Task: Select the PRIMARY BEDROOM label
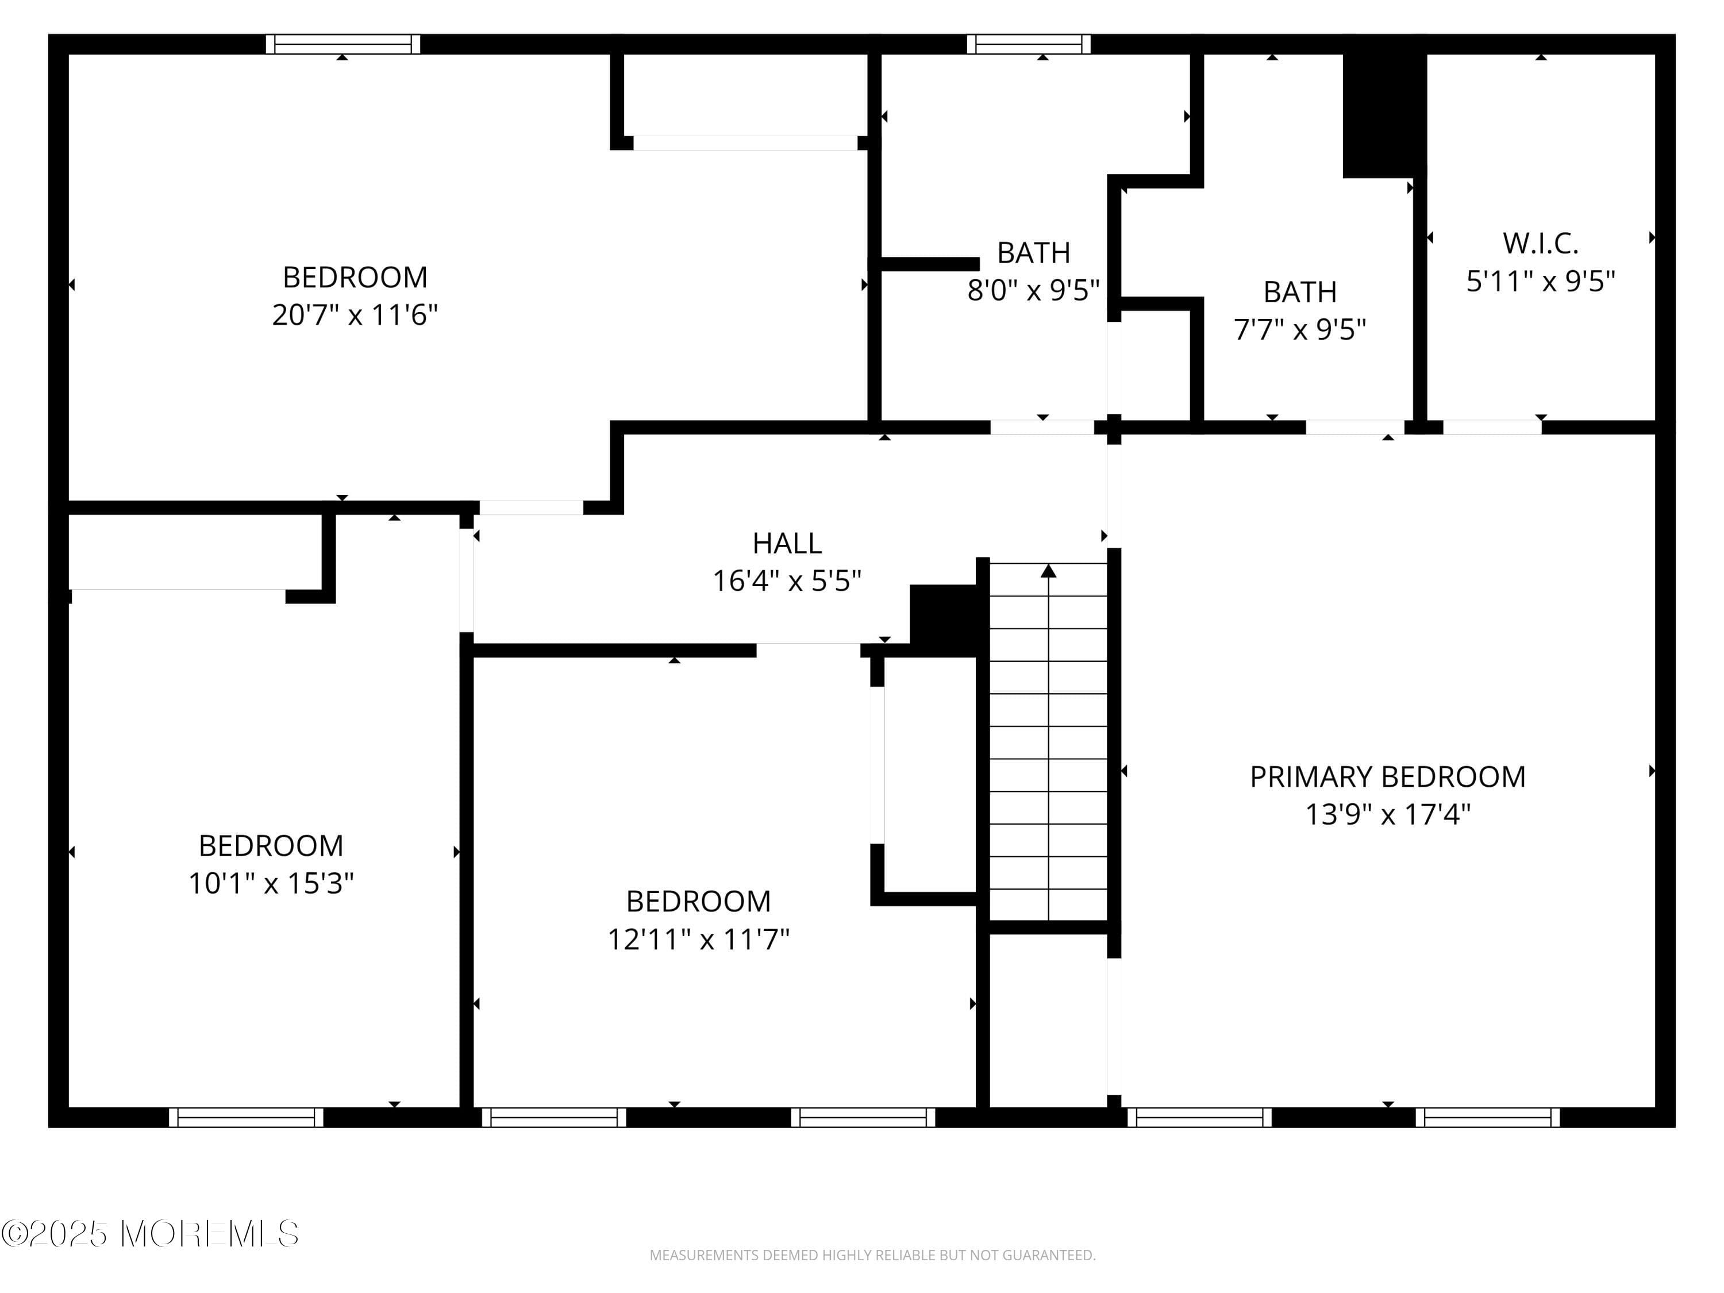point(1387,777)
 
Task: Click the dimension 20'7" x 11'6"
point(355,315)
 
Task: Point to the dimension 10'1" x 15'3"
point(271,884)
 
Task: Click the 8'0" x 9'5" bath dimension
point(1033,291)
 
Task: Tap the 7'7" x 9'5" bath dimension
point(1299,330)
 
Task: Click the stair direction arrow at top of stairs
point(1048,571)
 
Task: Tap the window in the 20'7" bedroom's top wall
point(343,44)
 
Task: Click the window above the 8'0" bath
point(1029,44)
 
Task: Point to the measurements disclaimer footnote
point(872,1255)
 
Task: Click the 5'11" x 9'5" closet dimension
point(1540,282)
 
